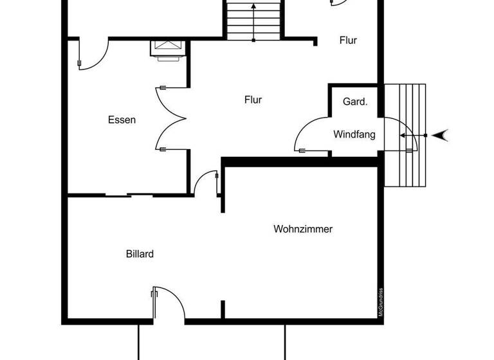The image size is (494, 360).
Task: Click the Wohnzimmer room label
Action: (x=303, y=229)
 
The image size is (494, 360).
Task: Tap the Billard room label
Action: (x=140, y=254)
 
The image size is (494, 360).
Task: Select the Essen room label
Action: (x=122, y=120)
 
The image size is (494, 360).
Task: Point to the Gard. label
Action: (x=354, y=102)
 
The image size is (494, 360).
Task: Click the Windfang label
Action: (x=354, y=134)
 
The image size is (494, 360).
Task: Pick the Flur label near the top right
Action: (x=348, y=40)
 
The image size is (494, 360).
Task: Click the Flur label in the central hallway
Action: (x=253, y=100)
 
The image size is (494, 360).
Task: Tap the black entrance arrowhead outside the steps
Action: (x=441, y=135)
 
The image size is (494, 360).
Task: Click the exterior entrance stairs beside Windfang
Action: (x=405, y=135)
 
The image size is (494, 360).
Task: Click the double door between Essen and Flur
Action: (x=171, y=118)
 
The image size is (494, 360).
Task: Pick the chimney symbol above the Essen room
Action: (x=168, y=48)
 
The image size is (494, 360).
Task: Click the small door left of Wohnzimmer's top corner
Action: (x=207, y=183)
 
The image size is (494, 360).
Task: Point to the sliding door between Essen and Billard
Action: (x=129, y=194)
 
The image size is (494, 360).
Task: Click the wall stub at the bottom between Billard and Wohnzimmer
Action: (x=223, y=309)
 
